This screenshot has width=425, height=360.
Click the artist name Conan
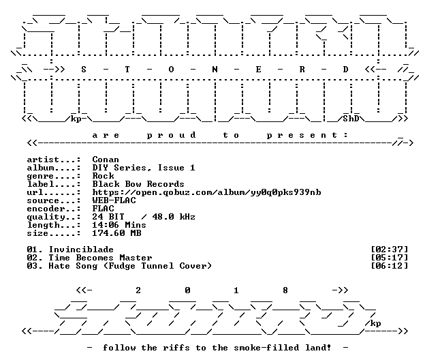click(106, 160)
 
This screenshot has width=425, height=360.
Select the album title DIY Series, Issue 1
click(144, 168)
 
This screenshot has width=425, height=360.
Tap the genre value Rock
click(103, 176)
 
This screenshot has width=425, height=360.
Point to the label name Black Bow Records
click(138, 184)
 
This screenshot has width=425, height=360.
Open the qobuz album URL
click(206, 192)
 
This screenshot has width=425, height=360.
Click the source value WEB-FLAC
click(114, 200)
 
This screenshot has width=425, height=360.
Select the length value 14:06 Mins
click(119, 225)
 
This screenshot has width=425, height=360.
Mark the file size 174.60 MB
click(116, 233)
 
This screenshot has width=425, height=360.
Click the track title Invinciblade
click(81, 250)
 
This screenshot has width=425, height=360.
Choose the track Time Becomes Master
click(100, 258)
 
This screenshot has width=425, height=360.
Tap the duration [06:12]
click(389, 266)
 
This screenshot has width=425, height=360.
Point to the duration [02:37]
click(389, 250)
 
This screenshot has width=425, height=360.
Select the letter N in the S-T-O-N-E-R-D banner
click(215, 70)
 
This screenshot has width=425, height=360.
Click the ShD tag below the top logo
click(351, 119)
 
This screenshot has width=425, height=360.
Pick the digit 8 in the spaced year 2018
click(285, 290)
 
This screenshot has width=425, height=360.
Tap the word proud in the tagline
click(171, 135)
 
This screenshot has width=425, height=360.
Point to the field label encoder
click(46, 209)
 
